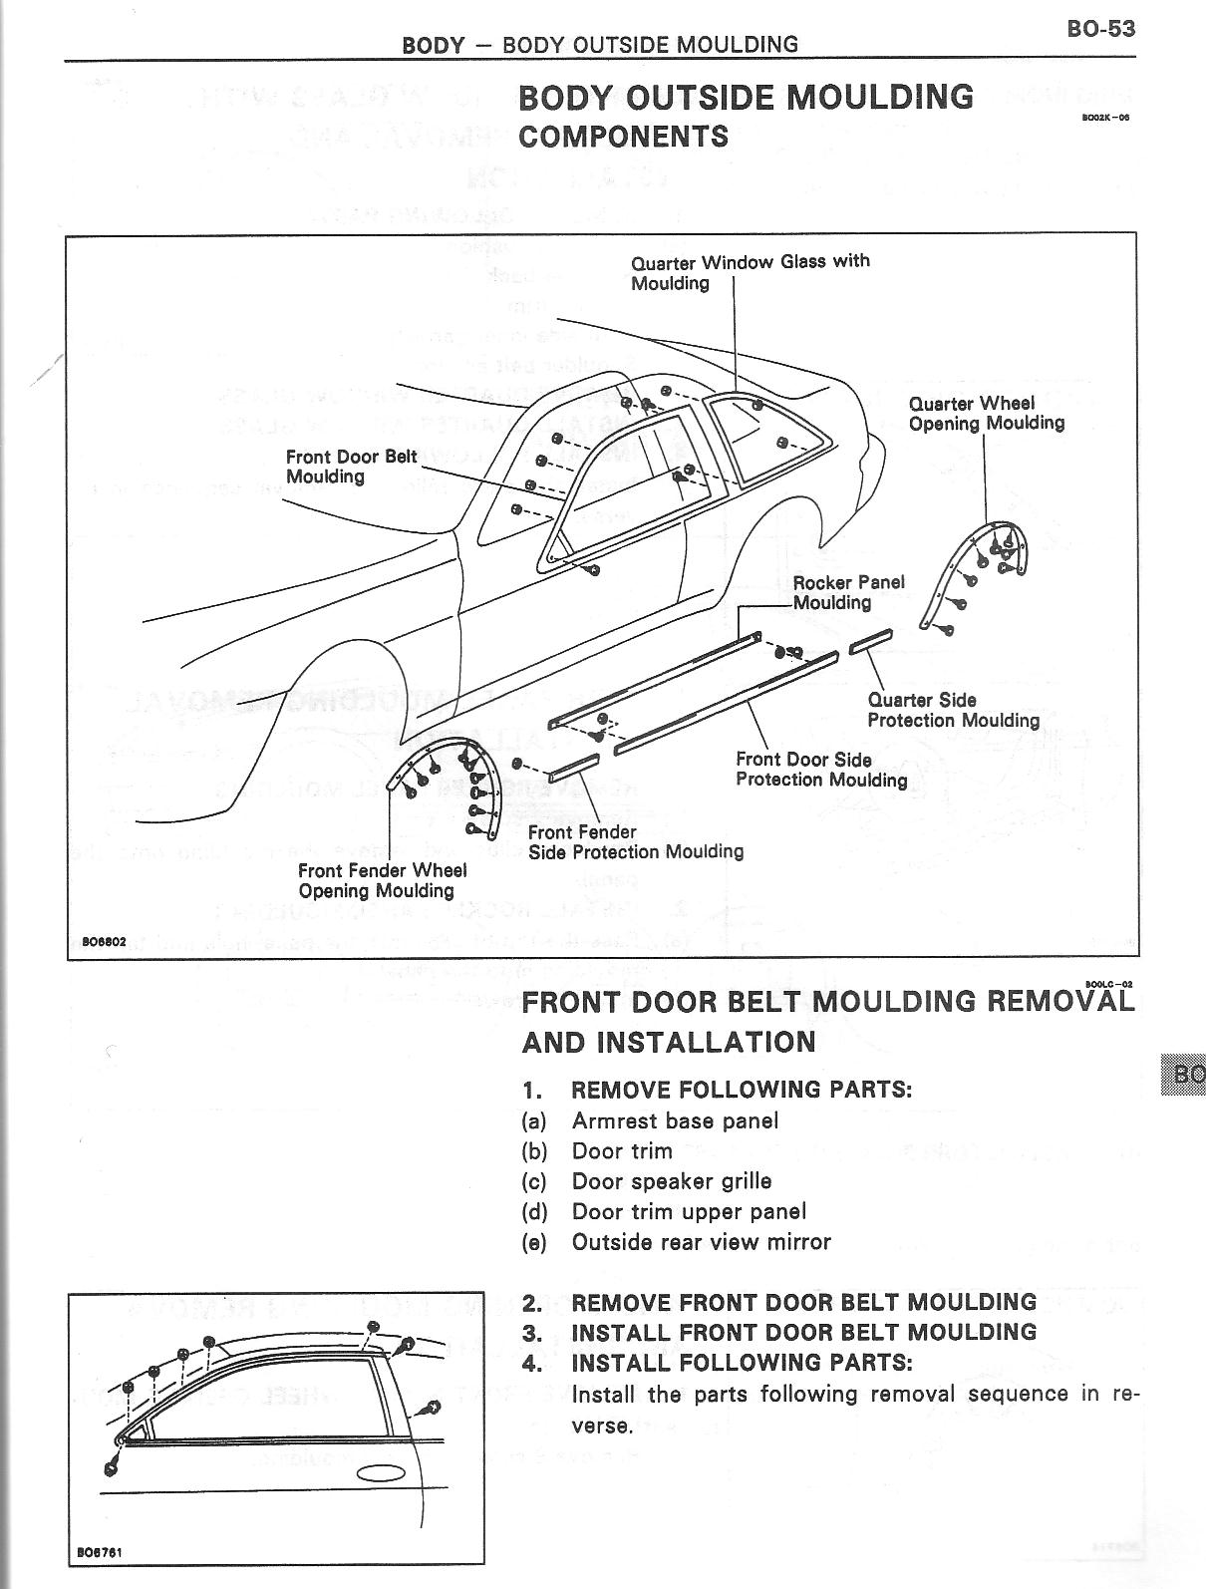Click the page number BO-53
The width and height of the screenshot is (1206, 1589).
tap(1100, 28)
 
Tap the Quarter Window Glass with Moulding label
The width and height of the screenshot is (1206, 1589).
tap(750, 272)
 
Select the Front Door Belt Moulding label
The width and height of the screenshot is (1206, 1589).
tap(351, 467)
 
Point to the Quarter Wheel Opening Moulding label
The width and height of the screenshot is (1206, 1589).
tap(986, 414)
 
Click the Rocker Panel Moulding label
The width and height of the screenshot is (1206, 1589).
tap(848, 592)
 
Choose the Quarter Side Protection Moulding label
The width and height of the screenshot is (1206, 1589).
tap(952, 711)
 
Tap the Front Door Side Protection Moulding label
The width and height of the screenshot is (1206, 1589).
tap(820, 770)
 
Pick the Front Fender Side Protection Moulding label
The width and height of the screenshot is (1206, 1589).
tap(635, 842)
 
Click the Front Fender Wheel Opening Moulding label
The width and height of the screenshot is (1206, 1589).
tap(382, 880)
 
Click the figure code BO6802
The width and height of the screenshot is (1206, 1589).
tap(102, 941)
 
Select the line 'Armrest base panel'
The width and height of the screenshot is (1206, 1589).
tap(675, 1120)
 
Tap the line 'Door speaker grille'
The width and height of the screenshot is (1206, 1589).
tap(671, 1181)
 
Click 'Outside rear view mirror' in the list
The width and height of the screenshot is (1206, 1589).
tap(701, 1242)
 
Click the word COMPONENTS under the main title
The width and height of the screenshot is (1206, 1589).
tap(623, 137)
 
